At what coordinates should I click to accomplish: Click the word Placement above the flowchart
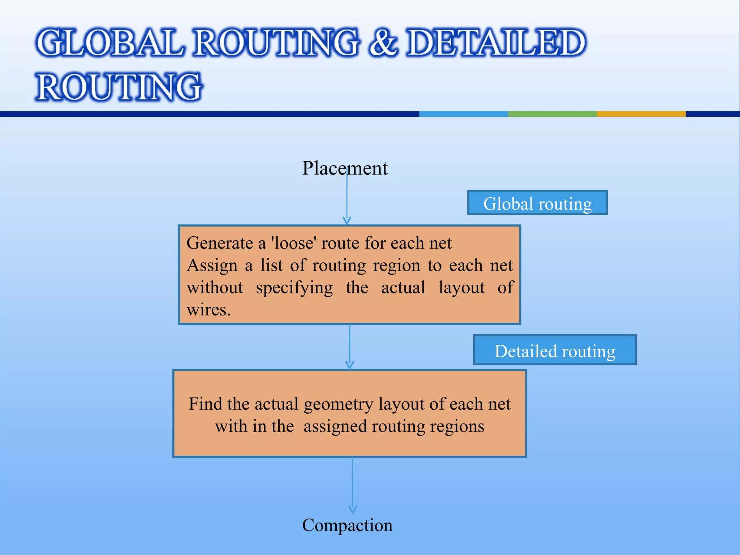(x=345, y=168)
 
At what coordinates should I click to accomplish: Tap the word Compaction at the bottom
(x=347, y=525)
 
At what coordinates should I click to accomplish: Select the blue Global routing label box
(x=537, y=203)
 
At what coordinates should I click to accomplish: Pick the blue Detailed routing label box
(x=555, y=350)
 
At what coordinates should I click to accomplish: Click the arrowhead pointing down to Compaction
(x=353, y=509)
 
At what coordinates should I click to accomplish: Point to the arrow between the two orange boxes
(x=350, y=347)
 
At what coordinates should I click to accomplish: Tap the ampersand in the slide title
(x=383, y=43)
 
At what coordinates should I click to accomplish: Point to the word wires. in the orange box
(x=208, y=310)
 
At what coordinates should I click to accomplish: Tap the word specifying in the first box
(x=294, y=288)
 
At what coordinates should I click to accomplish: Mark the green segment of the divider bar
(x=552, y=114)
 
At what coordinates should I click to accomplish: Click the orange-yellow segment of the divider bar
(x=641, y=114)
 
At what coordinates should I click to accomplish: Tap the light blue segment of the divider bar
(x=463, y=114)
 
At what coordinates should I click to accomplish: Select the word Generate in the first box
(x=220, y=243)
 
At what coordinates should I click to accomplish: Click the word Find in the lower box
(x=202, y=404)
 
